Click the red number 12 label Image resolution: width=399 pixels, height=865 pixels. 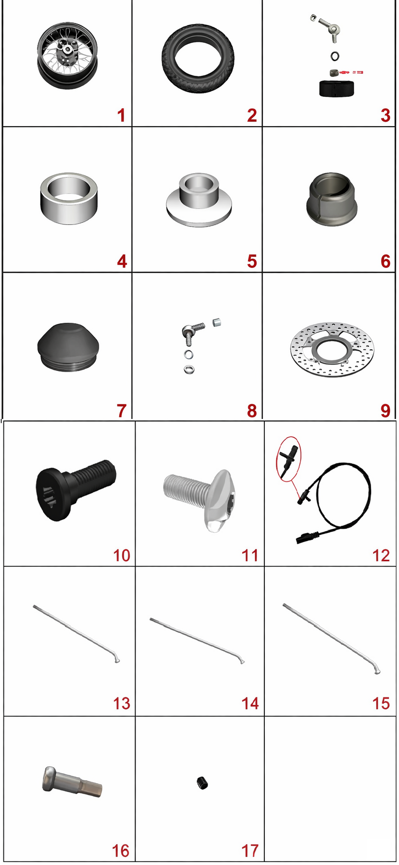pyautogui.click(x=381, y=555)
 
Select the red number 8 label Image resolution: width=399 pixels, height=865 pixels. pyautogui.click(x=252, y=411)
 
